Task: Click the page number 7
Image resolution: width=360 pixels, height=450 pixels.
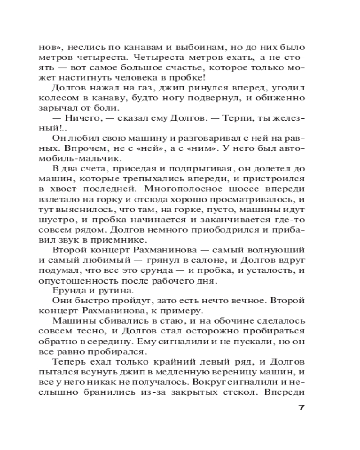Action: click(302, 408)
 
